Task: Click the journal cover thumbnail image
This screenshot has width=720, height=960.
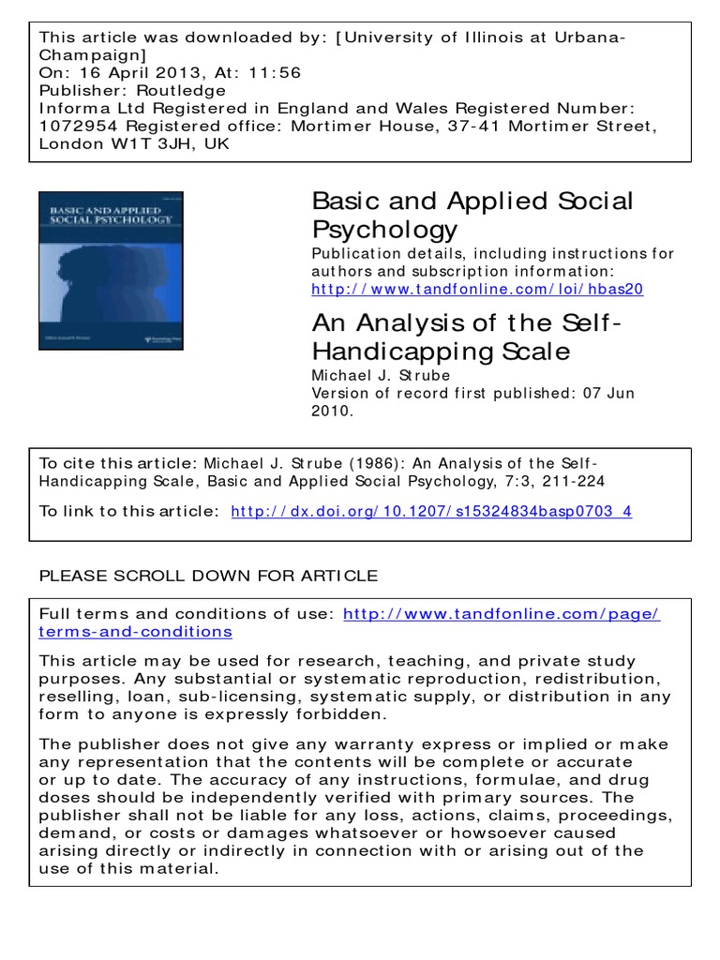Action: tap(111, 270)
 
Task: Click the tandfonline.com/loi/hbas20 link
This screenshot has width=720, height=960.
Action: tap(477, 289)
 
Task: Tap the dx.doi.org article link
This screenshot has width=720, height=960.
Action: tap(431, 511)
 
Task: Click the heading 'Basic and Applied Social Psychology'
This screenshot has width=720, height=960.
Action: tap(472, 215)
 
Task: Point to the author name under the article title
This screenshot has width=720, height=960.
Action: tap(381, 375)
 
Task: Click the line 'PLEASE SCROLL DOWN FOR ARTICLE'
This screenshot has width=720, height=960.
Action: tap(208, 576)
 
